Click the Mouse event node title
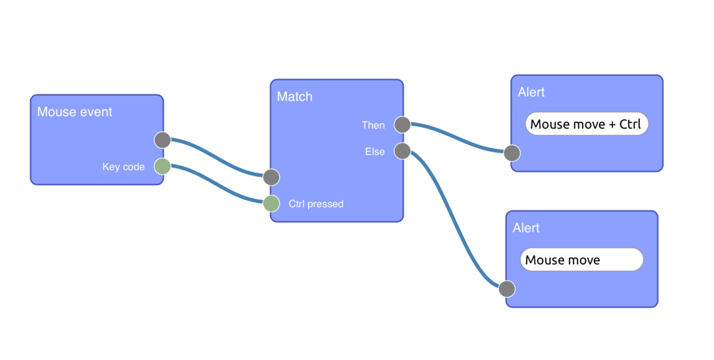pyautogui.click(x=74, y=112)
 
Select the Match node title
pyautogui.click(x=295, y=96)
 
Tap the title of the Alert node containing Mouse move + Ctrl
pyautogui.click(x=531, y=92)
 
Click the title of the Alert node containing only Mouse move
pyautogui.click(x=526, y=228)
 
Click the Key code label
pyautogui.click(x=123, y=167)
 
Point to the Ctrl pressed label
pyautogui.click(x=316, y=204)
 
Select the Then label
pyautogui.click(x=373, y=126)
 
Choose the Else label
pyautogui.click(x=375, y=152)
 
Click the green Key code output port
pyautogui.click(x=162, y=167)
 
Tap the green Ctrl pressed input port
pyautogui.click(x=271, y=204)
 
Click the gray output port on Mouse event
pyautogui.click(x=162, y=140)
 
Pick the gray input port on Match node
pyautogui.click(x=271, y=177)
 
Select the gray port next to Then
pyautogui.click(x=402, y=125)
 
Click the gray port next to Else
pyautogui.click(x=402, y=151)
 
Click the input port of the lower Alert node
pyautogui.click(x=506, y=289)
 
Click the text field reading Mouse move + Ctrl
pyautogui.click(x=587, y=124)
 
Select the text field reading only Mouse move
pyautogui.click(x=581, y=260)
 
